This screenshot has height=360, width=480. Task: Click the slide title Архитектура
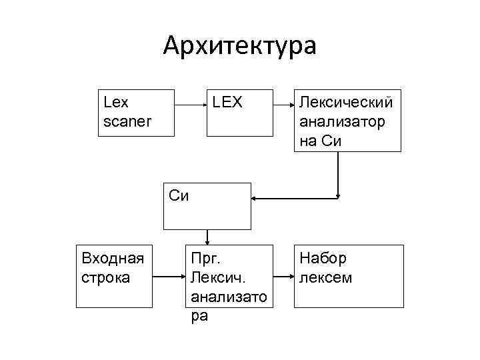(x=240, y=46)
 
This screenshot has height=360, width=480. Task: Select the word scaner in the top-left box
(x=128, y=122)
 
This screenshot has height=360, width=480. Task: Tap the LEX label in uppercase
(x=228, y=103)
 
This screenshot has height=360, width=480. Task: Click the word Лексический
(x=347, y=103)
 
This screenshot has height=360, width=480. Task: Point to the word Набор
(x=323, y=258)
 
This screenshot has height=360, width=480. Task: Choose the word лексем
(x=326, y=277)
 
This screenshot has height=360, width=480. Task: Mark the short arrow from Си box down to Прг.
(x=208, y=237)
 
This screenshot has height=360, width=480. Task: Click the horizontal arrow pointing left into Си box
(x=293, y=199)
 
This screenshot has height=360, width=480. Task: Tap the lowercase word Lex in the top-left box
(x=117, y=103)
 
